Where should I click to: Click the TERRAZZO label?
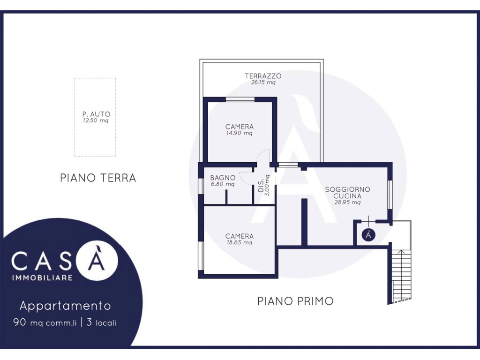263,76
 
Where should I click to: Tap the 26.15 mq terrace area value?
263,82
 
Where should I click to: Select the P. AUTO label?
96,114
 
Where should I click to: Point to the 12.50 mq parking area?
96,120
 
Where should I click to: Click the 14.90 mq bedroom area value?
240,133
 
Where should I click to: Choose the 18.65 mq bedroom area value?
240,242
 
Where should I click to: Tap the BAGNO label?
223,178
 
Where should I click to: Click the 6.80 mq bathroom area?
223,184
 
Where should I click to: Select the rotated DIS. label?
261,186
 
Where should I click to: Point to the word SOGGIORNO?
347,189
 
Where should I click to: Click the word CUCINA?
347,196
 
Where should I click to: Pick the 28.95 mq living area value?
347,202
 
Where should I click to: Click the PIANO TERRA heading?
98,178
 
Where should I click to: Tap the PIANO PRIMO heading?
295,301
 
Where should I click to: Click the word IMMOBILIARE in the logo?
42,277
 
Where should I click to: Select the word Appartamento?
65,306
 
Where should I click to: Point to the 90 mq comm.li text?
45,322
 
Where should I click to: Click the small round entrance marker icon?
368,235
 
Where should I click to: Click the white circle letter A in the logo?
97,260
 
